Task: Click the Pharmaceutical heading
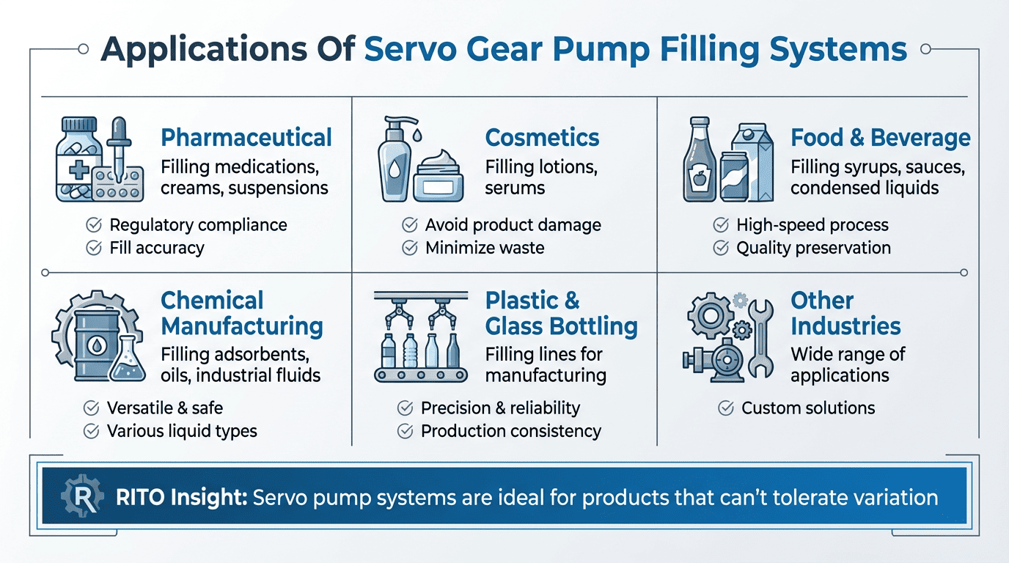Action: (x=246, y=137)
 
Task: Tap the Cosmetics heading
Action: (x=542, y=137)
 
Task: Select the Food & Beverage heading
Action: (x=881, y=137)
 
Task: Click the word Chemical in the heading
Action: (x=212, y=301)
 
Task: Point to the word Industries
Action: (x=845, y=326)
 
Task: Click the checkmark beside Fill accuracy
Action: (x=94, y=248)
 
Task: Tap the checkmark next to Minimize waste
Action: (x=409, y=248)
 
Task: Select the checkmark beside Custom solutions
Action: (x=726, y=408)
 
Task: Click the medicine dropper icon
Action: (x=119, y=149)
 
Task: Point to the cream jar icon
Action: (x=438, y=176)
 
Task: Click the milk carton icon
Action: (x=753, y=162)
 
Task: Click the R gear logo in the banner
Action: (x=82, y=495)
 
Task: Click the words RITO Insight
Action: (x=182, y=498)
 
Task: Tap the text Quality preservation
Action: (x=813, y=249)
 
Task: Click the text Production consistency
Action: (x=511, y=432)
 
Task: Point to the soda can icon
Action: (x=734, y=176)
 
